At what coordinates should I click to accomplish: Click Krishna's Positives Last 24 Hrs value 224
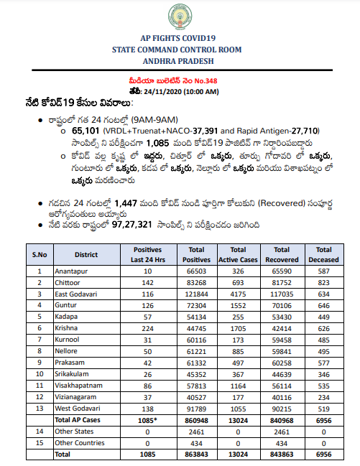point(147,327)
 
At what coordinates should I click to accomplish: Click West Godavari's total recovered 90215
point(282,408)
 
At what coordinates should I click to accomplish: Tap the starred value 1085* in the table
point(147,419)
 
